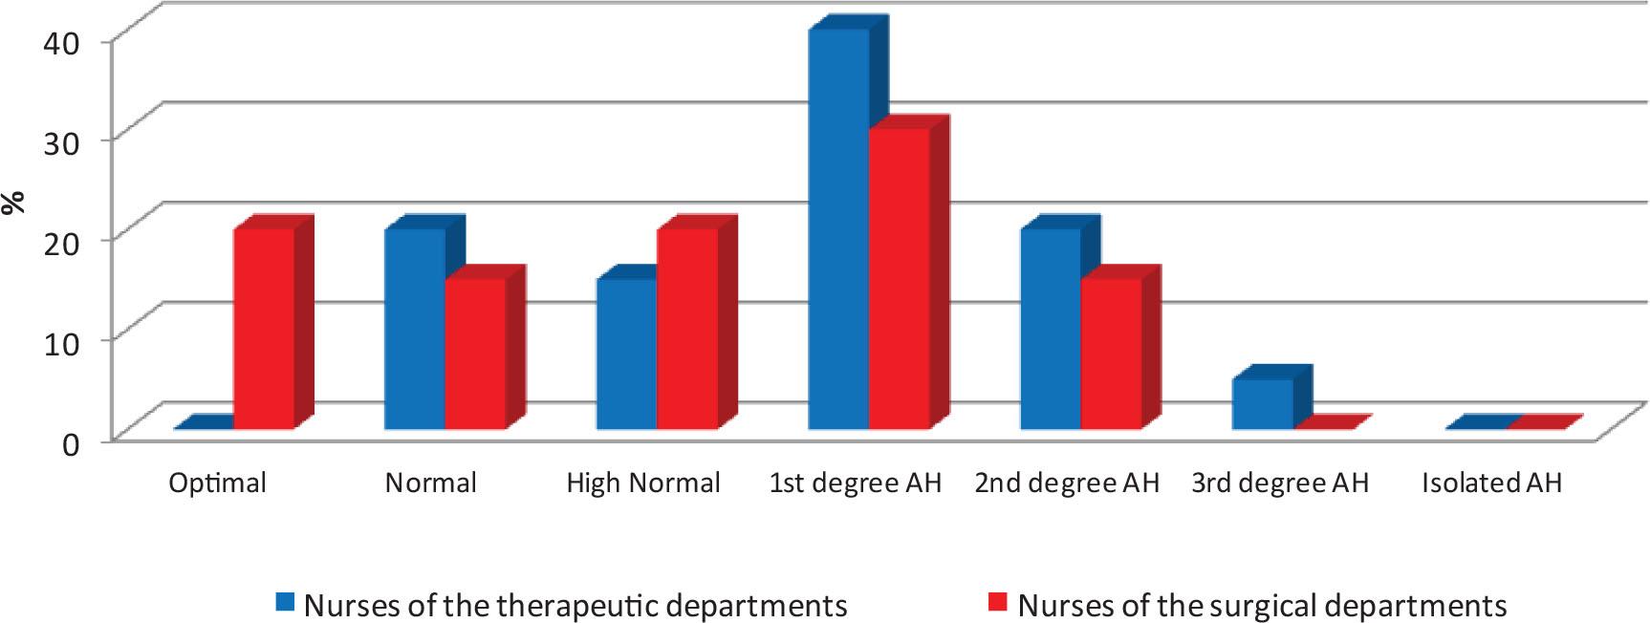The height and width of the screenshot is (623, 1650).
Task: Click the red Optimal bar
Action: point(265,329)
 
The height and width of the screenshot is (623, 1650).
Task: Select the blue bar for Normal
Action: point(414,329)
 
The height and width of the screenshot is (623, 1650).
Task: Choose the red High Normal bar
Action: point(687,329)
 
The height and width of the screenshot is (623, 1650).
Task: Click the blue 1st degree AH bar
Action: point(838,229)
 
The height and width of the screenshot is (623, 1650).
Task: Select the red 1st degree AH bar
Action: point(900,279)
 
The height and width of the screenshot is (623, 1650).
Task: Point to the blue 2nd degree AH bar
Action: point(1051,329)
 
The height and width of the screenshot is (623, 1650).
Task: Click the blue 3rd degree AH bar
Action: point(1263,404)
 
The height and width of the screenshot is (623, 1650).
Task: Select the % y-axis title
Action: point(13,203)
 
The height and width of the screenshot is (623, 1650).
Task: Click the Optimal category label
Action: point(217,483)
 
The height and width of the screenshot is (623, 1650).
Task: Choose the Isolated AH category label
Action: point(1491,483)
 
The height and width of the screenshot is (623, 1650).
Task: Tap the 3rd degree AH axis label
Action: point(1280,483)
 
